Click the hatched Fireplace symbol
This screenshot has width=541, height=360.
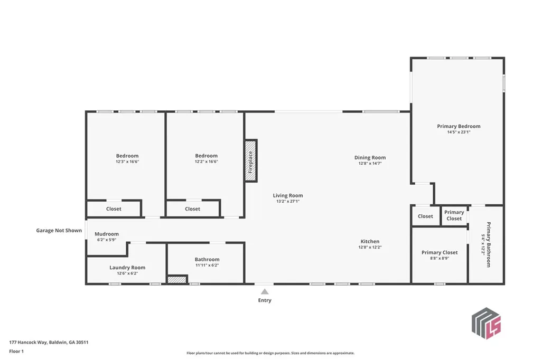pos(250,161)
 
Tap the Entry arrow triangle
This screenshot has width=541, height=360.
pos(265,291)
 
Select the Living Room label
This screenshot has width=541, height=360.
pos(288,195)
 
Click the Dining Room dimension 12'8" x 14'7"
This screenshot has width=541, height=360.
pos(370,164)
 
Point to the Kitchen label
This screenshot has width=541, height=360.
pos(370,241)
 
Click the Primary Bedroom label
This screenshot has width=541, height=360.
pos(459,126)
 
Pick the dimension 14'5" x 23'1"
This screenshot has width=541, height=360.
pos(459,132)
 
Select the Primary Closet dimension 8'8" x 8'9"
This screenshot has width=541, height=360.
pos(440,258)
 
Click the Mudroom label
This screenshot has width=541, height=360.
pos(107,234)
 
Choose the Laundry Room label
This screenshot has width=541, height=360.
pos(127,268)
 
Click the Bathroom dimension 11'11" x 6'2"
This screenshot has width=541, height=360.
pos(207,265)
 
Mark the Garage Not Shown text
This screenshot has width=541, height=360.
pos(59,230)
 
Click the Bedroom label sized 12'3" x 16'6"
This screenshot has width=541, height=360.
pos(127,156)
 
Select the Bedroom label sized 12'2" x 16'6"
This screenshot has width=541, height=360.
pos(206,156)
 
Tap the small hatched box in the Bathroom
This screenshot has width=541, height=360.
pos(178,280)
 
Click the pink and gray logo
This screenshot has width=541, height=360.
pos(486,323)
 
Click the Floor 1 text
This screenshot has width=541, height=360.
pos(17,351)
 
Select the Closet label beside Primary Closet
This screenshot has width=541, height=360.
pos(425,216)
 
